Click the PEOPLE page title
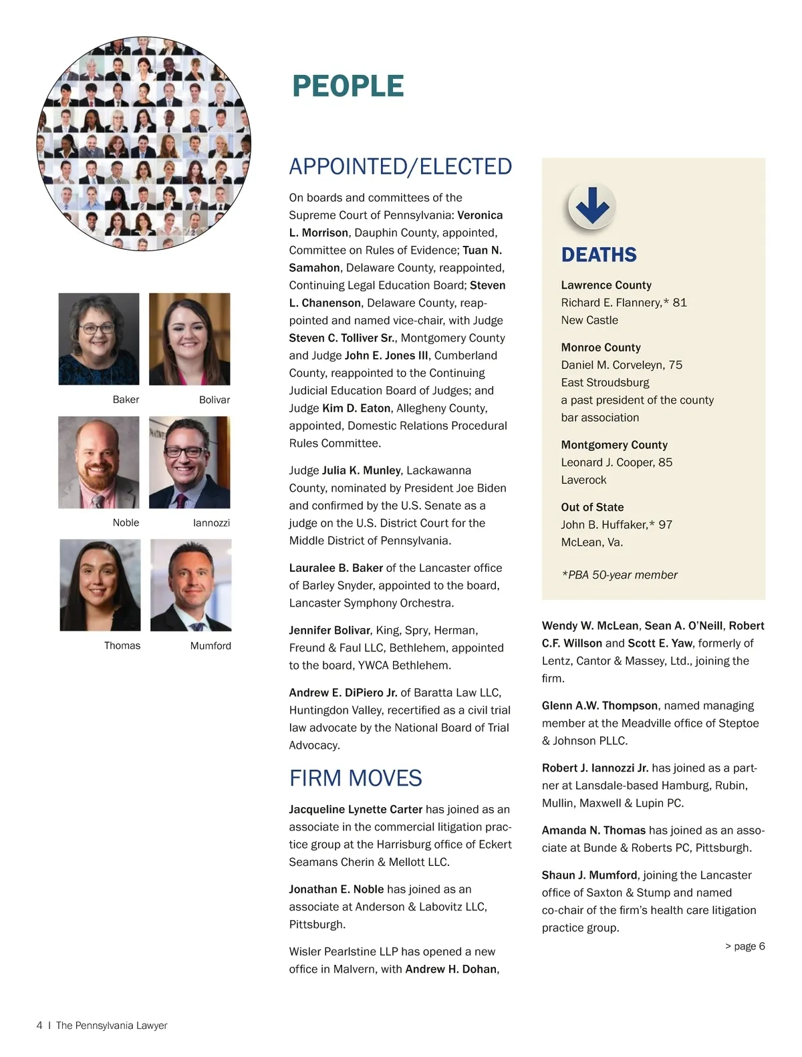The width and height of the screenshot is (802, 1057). pyautogui.click(x=348, y=86)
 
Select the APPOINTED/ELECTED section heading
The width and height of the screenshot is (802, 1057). pyautogui.click(x=400, y=166)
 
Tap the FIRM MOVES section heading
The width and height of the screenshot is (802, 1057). pyautogui.click(x=355, y=778)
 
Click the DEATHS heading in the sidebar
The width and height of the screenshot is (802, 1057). pyautogui.click(x=599, y=255)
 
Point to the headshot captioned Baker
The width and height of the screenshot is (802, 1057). pyautogui.click(x=99, y=339)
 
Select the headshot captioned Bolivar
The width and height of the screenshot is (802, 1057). pyautogui.click(x=189, y=339)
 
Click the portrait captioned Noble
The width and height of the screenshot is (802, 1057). pyautogui.click(x=99, y=462)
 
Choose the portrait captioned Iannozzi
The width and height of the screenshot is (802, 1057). pyautogui.click(x=189, y=462)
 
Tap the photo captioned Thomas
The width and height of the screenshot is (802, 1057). pyautogui.click(x=100, y=585)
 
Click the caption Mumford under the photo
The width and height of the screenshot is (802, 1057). pyautogui.click(x=211, y=646)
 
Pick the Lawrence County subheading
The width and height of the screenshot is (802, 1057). pyautogui.click(x=606, y=285)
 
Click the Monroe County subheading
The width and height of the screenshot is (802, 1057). pyautogui.click(x=601, y=347)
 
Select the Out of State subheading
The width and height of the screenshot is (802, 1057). pyautogui.click(x=592, y=507)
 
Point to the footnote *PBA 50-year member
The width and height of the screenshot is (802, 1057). pyautogui.click(x=620, y=575)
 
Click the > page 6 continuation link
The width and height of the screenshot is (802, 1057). pyautogui.click(x=745, y=946)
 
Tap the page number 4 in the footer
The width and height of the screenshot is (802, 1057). pyautogui.click(x=39, y=1026)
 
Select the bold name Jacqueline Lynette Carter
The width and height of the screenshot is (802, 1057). pyautogui.click(x=356, y=810)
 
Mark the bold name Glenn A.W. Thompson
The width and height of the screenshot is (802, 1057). pyautogui.click(x=599, y=706)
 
